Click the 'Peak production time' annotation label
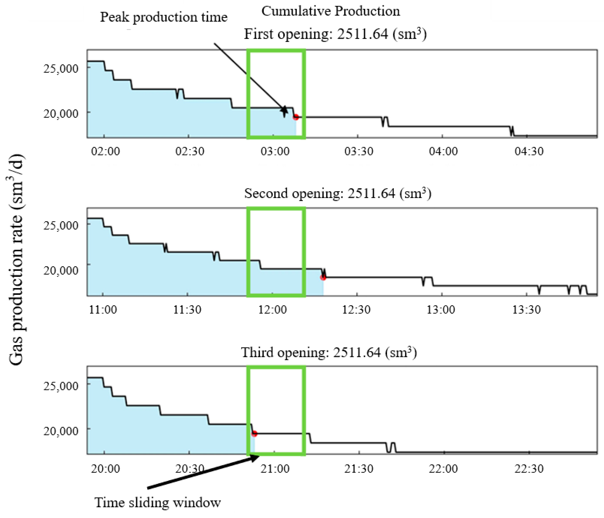[x=163, y=17]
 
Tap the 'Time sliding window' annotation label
[x=158, y=502]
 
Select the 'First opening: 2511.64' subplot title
[x=335, y=34]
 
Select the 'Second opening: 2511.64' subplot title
[x=338, y=193]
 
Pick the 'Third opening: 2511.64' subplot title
[x=329, y=353]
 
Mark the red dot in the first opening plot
[x=296, y=117]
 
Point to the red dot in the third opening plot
[x=254, y=434]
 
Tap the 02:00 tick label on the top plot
[x=105, y=151]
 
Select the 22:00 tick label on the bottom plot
[x=443, y=469]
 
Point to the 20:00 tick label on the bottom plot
[x=105, y=469]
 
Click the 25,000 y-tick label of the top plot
[x=61, y=69]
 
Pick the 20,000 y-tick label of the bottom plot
[x=61, y=431]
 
